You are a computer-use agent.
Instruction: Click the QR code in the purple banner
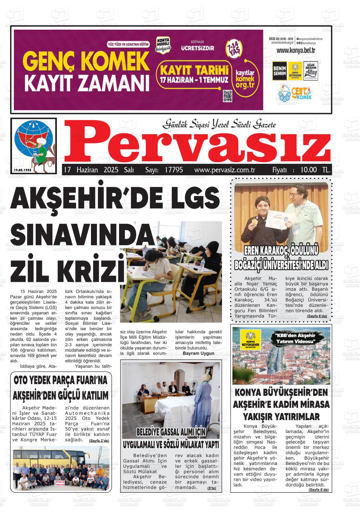227,96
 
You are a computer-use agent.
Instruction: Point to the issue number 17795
174,170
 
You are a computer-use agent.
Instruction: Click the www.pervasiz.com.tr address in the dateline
225,170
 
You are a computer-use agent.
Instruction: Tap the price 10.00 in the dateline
308,170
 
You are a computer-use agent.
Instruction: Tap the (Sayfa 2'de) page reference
99,441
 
